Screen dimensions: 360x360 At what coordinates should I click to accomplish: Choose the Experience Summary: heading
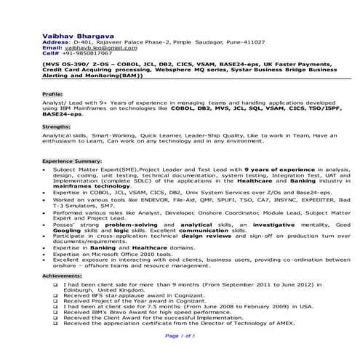(71, 160)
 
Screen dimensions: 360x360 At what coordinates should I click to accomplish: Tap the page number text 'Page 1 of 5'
(180, 336)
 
